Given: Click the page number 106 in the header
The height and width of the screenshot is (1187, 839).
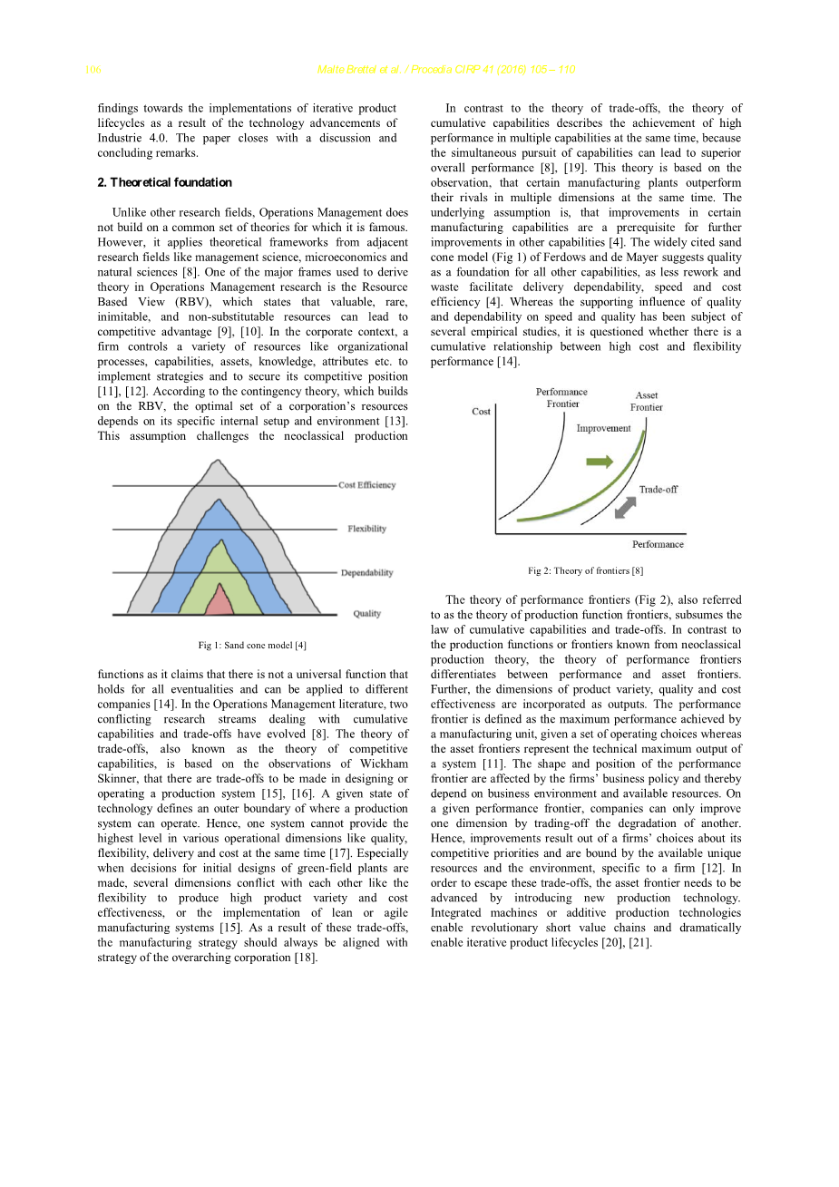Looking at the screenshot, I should tap(93, 70).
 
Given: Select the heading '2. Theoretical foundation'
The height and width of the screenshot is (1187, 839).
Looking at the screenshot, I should tap(164, 182).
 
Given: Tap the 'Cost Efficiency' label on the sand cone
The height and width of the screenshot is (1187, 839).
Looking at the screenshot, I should tap(366, 485).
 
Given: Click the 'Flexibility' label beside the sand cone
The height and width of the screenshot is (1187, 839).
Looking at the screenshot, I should tap(366, 529).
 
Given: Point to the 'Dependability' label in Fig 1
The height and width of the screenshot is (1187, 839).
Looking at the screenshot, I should tap(366, 573).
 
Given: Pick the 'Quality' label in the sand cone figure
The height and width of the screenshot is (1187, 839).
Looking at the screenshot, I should tap(366, 614).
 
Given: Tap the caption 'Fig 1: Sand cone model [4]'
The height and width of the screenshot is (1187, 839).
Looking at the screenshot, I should tap(252, 646).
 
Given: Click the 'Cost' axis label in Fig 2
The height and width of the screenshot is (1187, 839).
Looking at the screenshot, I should tap(481, 412).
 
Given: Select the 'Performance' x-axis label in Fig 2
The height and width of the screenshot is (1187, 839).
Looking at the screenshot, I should tap(658, 544).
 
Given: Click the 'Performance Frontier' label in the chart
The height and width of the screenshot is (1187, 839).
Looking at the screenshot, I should tap(561, 398).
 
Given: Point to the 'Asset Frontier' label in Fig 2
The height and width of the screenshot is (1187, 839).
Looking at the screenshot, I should tap(647, 402).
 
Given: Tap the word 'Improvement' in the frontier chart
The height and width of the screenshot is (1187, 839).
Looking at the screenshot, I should tap(603, 428).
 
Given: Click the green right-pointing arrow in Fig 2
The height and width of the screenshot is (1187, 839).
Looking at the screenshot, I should tap(600, 462).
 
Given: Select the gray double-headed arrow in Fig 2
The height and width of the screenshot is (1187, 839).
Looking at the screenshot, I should tap(625, 508).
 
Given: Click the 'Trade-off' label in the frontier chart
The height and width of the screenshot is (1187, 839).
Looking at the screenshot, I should tap(658, 490).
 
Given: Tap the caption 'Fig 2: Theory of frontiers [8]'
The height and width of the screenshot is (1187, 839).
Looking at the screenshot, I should tap(585, 571).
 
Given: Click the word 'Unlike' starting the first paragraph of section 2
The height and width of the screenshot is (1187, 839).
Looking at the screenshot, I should tap(130, 212).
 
